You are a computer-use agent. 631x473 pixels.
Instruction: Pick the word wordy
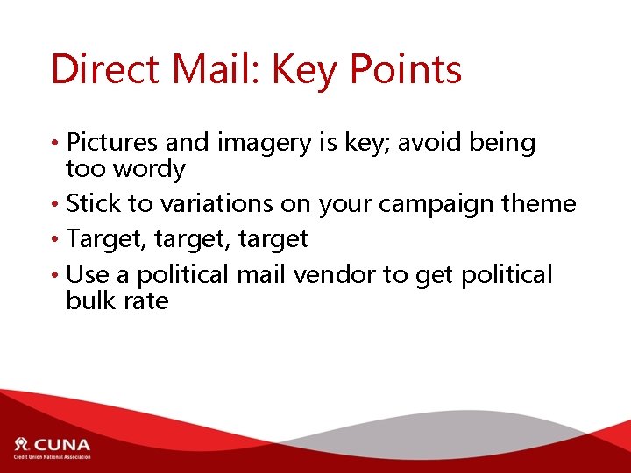pyautogui.click(x=145, y=169)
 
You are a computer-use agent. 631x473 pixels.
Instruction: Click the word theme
pyautogui.click(x=539, y=204)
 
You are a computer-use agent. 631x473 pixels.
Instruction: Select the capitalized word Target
pyautogui.click(x=99, y=240)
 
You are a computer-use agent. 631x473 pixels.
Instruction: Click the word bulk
pyautogui.click(x=92, y=300)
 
